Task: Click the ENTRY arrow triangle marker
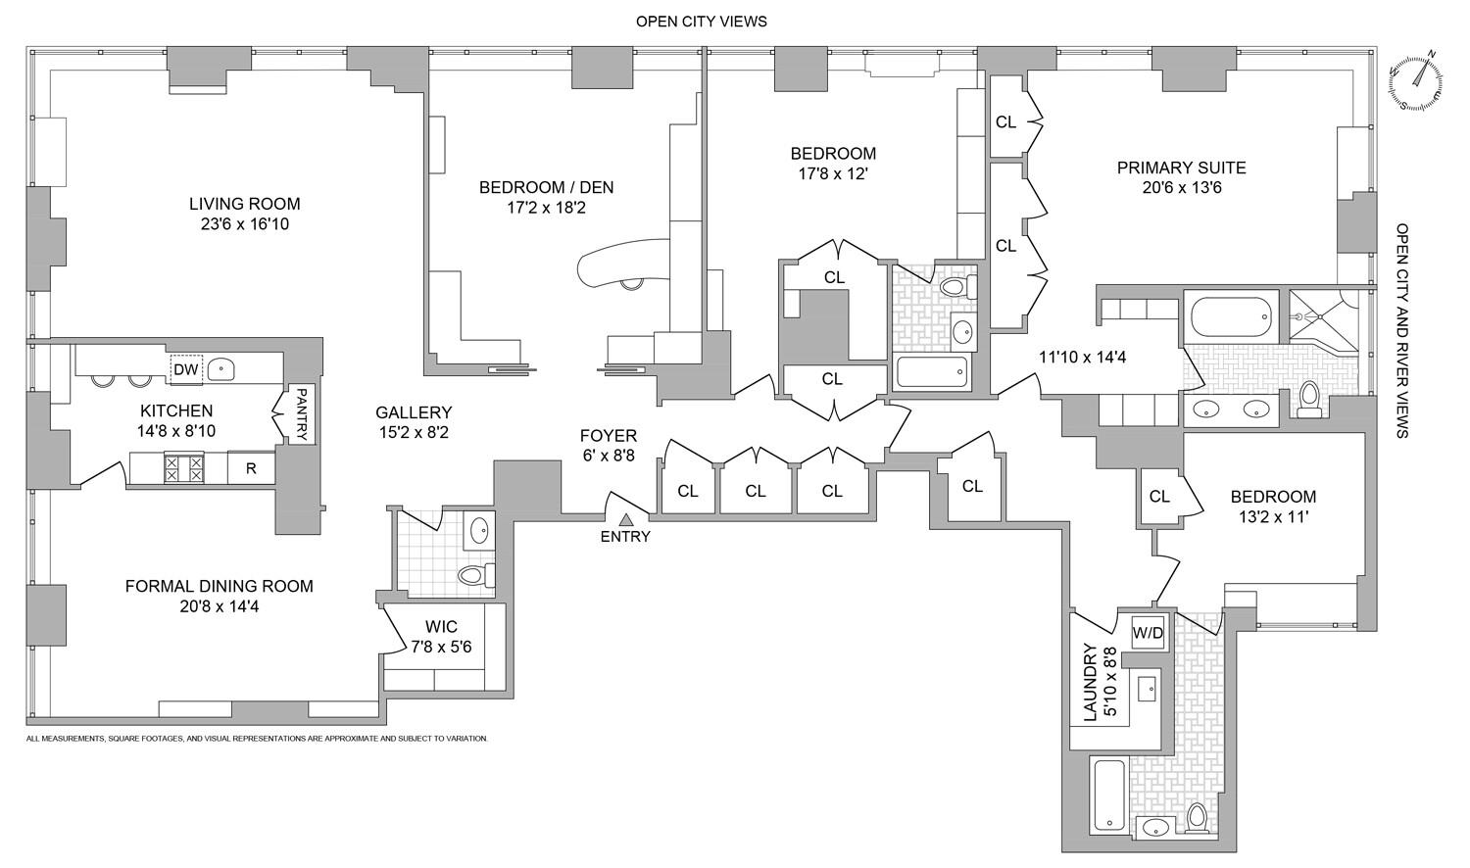coord(625,518)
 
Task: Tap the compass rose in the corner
coord(1416,80)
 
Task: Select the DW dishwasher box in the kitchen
coord(186,369)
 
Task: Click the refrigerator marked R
coord(252,468)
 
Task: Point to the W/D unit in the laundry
coord(1148,633)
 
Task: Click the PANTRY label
coord(302,413)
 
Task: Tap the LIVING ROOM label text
coord(244,204)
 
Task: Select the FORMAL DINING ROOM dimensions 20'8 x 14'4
coord(219,606)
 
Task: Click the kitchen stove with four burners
coord(183,467)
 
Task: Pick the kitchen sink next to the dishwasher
coord(224,369)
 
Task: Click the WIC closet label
coord(441,627)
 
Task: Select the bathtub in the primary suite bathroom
coord(1230,317)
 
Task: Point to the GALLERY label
coord(415,412)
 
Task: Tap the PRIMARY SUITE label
coord(1181,168)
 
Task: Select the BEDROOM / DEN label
coord(546,187)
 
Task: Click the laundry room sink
coord(1147,690)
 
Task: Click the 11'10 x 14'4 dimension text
coord(1082,358)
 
